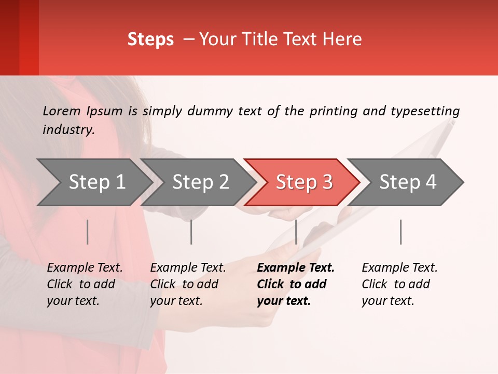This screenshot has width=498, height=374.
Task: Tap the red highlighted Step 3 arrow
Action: pyautogui.click(x=304, y=182)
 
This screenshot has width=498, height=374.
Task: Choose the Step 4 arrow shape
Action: pyautogui.click(x=408, y=182)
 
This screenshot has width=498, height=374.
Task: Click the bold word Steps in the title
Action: pyautogui.click(x=150, y=39)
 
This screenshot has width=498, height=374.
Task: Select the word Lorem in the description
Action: pyautogui.click(x=62, y=111)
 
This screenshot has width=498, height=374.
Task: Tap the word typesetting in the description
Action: pyautogui.click(x=425, y=111)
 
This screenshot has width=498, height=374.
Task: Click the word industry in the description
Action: pyautogui.click(x=68, y=129)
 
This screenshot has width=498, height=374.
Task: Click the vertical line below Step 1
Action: pyautogui.click(x=88, y=232)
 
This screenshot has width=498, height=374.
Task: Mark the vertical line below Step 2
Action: pyautogui.click(x=191, y=232)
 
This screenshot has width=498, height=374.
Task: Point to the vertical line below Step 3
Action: pyautogui.click(x=296, y=232)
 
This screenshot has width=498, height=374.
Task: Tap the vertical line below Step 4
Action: pyautogui.click(x=400, y=232)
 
